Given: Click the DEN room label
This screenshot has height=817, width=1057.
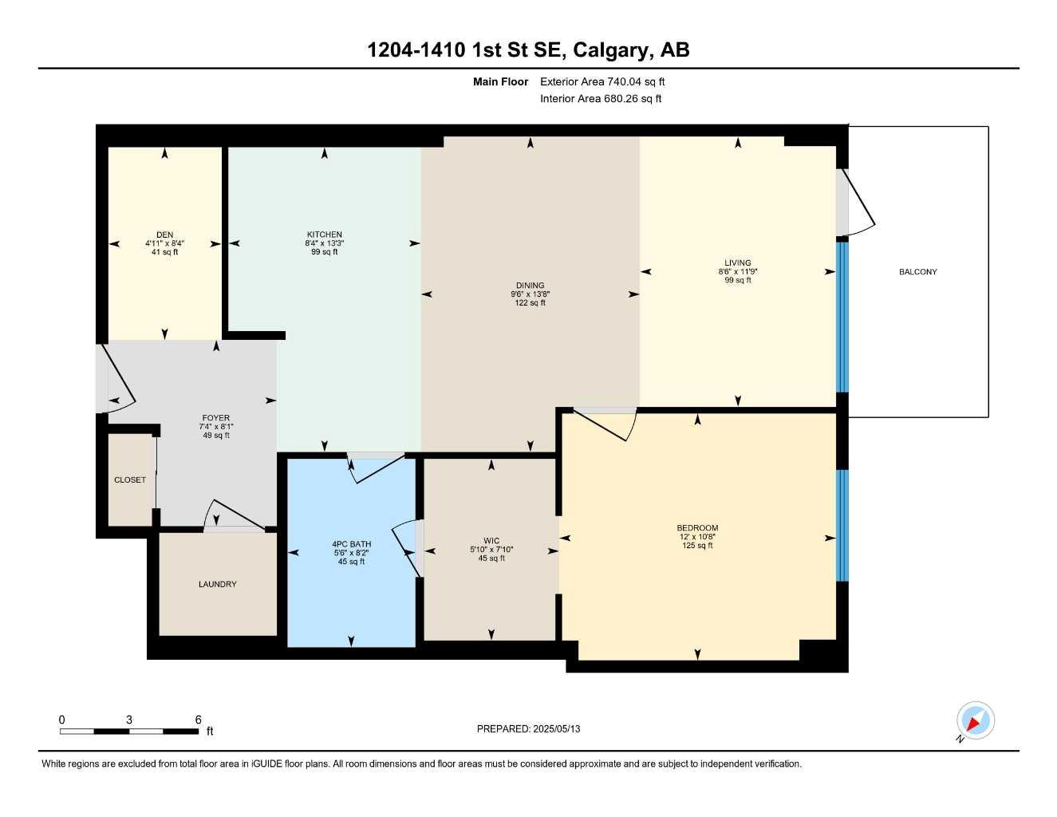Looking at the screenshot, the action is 165,235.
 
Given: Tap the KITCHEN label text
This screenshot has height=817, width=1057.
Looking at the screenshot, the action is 325,235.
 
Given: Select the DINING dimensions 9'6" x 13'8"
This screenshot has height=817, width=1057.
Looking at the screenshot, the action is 530,294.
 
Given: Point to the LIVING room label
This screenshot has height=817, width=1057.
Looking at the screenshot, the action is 738,262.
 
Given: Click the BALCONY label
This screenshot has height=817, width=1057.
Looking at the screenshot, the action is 918,272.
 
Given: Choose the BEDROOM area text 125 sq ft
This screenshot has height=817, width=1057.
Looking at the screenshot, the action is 697,546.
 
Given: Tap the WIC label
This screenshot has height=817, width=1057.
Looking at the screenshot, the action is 491,541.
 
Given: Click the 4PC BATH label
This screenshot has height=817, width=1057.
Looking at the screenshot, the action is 351,544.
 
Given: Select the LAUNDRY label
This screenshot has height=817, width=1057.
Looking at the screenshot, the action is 218,584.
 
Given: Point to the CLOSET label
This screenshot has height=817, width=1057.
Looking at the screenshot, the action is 130,480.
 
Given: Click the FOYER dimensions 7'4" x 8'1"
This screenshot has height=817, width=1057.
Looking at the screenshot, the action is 216,427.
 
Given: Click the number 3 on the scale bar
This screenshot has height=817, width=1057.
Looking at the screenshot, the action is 129,720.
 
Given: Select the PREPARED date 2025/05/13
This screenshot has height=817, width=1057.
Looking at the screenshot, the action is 557,729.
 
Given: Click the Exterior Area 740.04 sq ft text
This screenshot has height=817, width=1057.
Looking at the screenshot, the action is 602,81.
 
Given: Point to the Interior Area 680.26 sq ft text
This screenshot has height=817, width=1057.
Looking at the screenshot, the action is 601,99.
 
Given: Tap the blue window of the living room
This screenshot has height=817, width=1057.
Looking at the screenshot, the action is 842,317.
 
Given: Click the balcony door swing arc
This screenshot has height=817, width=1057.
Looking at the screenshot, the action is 861,209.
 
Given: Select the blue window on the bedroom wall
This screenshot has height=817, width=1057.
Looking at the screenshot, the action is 842,525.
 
